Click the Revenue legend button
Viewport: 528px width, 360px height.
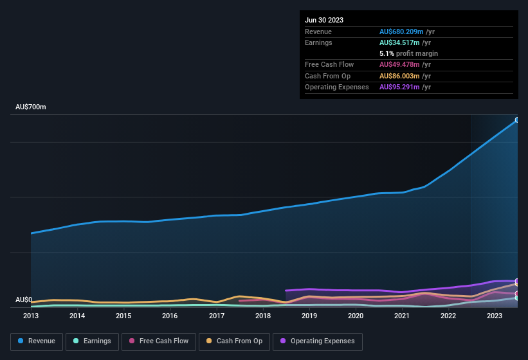click(x=37, y=341)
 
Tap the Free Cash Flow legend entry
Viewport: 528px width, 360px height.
click(x=159, y=341)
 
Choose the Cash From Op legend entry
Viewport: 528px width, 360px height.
click(x=233, y=341)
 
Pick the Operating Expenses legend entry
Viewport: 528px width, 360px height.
click(x=318, y=341)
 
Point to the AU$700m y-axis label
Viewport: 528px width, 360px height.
click(x=31, y=107)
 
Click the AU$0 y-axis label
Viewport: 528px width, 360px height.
click(x=24, y=300)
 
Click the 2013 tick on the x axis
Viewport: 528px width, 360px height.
click(x=31, y=316)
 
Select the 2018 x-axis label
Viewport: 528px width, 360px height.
click(x=262, y=316)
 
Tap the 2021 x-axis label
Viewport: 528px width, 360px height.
click(x=402, y=316)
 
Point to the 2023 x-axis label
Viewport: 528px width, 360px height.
click(x=495, y=316)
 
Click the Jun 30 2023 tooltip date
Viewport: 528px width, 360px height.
click(x=324, y=20)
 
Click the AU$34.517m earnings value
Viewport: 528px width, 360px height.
click(x=403, y=42)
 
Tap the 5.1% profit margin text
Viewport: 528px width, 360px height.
click(x=408, y=53)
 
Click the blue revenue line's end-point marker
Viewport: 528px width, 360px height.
click(x=517, y=120)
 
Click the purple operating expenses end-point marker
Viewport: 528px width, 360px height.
click(x=517, y=281)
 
